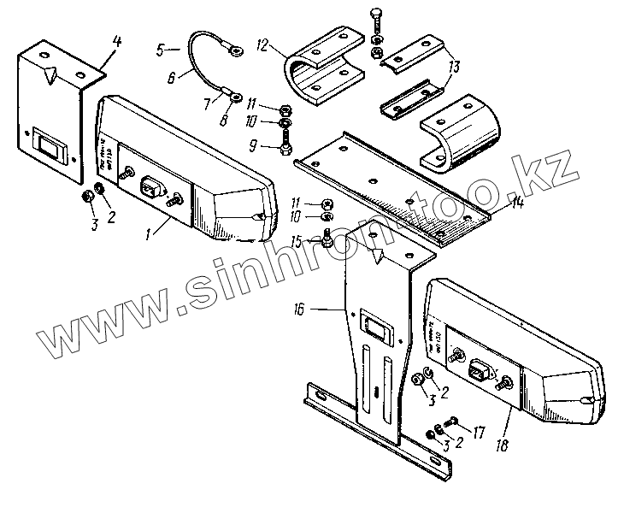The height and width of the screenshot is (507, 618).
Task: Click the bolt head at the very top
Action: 378,12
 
